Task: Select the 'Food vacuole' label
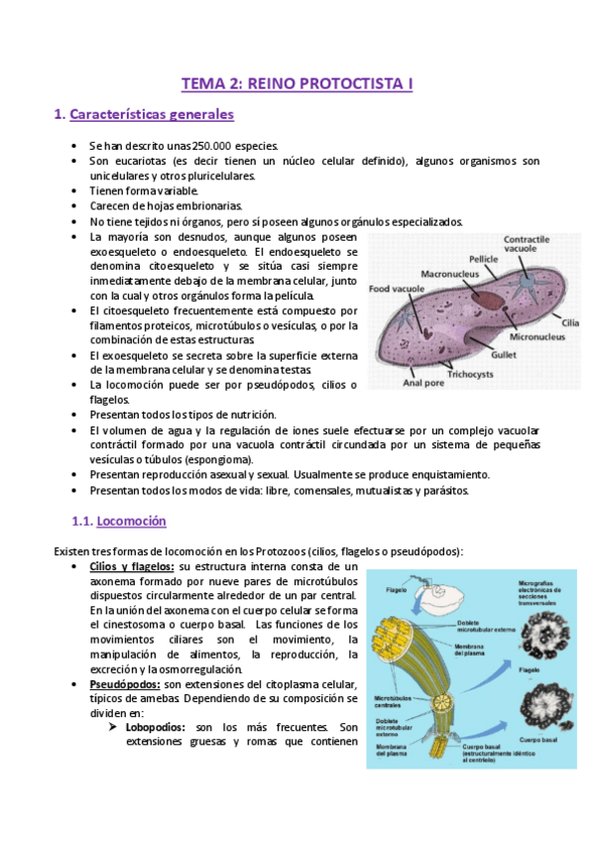click(392, 290)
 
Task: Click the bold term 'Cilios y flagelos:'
click(132, 566)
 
